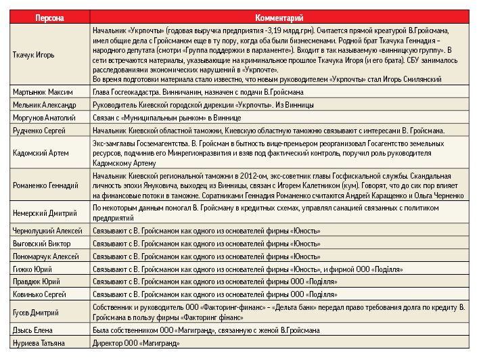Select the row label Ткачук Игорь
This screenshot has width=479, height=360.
pos(35,54)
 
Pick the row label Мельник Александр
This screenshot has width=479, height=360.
pos(45,105)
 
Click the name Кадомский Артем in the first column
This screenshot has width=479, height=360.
pos(41,153)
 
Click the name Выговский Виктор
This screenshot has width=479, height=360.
pos(42,244)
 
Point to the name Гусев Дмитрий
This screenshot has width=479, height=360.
pos(37,313)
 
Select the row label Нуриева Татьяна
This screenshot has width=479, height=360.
pos(41,344)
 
